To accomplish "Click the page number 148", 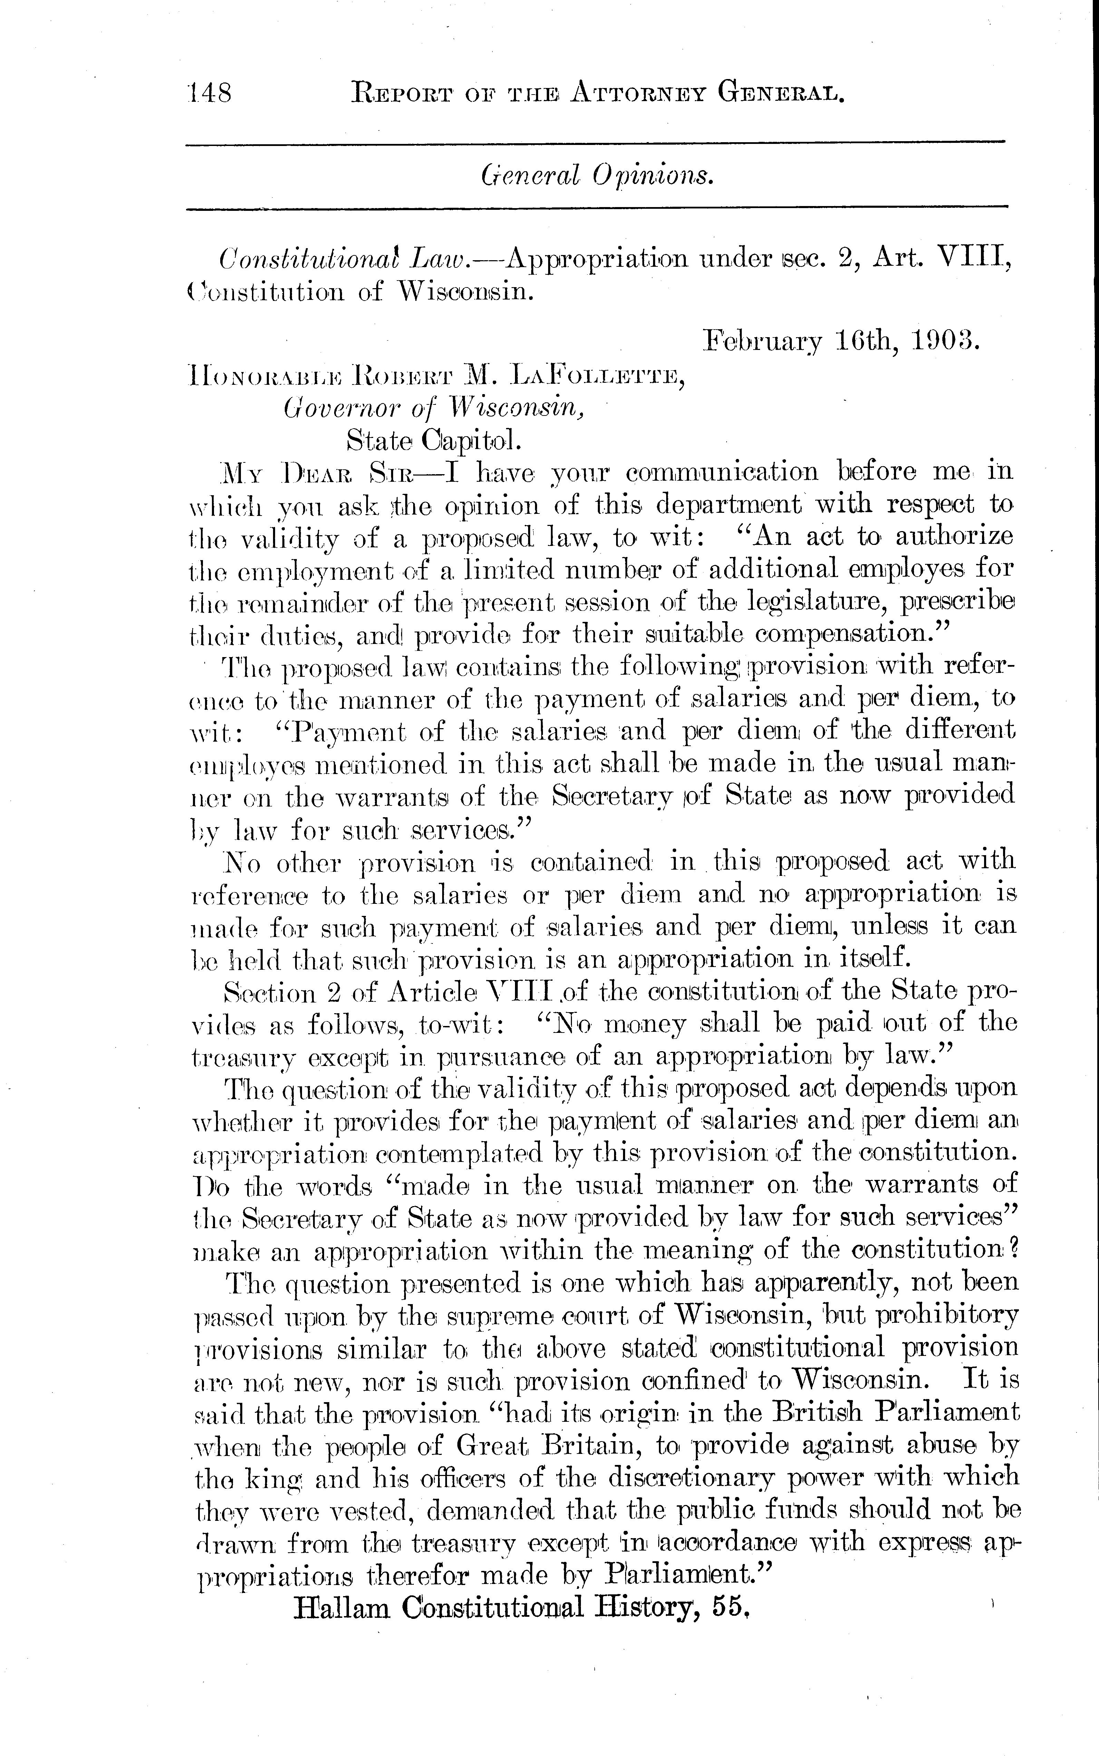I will coord(209,94).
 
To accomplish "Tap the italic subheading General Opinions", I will coord(596,174).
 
